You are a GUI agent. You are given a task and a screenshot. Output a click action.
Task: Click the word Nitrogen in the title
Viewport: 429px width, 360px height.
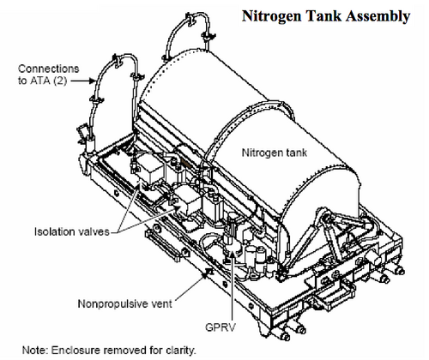[271, 16]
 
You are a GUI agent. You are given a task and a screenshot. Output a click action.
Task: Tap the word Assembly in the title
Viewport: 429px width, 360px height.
[378, 16]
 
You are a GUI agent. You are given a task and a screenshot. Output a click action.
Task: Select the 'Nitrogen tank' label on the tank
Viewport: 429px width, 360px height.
[275, 153]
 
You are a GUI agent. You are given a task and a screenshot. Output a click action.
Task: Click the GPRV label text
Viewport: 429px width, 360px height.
[221, 327]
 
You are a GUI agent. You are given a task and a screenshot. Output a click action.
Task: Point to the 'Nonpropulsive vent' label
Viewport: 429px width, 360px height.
[124, 303]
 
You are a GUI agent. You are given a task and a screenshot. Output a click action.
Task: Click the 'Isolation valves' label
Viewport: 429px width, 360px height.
[72, 231]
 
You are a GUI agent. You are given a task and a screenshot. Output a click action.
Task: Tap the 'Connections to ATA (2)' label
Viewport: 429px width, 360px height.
[49, 75]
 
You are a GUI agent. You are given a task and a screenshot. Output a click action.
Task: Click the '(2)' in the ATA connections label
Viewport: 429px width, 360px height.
[60, 81]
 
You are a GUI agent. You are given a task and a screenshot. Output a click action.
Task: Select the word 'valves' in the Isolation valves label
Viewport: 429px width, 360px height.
[94, 231]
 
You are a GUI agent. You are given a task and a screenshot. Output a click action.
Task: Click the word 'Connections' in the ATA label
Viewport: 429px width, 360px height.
[49, 69]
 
